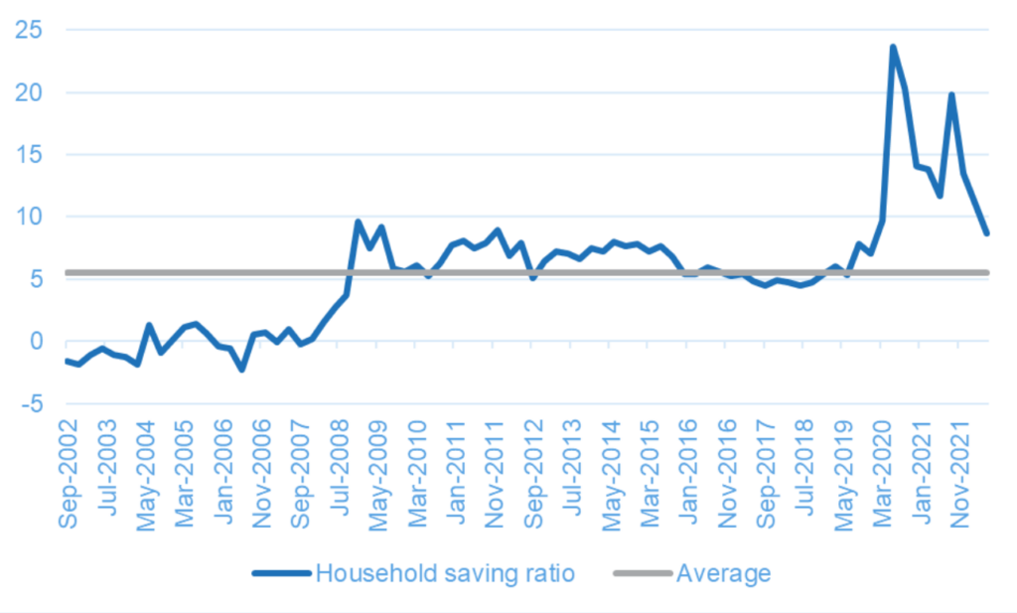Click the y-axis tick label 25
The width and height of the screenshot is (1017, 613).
29,30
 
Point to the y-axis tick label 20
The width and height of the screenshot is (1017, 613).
29,92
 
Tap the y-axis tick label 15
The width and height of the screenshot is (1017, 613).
29,154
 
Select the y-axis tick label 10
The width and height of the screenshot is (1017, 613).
29,216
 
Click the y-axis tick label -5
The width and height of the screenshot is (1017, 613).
32,403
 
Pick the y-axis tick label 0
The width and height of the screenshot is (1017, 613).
36,341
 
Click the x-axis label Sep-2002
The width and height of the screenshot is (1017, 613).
69,474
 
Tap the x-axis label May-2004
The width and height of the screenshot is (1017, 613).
146,476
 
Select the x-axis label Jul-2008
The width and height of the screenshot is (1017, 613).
340,467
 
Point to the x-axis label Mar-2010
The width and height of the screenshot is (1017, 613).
417,474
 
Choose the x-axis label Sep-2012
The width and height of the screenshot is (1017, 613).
533,474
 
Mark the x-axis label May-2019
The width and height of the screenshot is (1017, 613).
844,476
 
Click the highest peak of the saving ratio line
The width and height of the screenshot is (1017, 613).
893,47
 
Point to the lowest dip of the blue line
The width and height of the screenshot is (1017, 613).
242,370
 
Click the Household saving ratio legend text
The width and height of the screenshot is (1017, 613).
445,573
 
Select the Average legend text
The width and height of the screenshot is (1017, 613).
723,573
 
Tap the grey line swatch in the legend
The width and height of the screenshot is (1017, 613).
643,573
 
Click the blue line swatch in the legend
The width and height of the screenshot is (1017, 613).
281,573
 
